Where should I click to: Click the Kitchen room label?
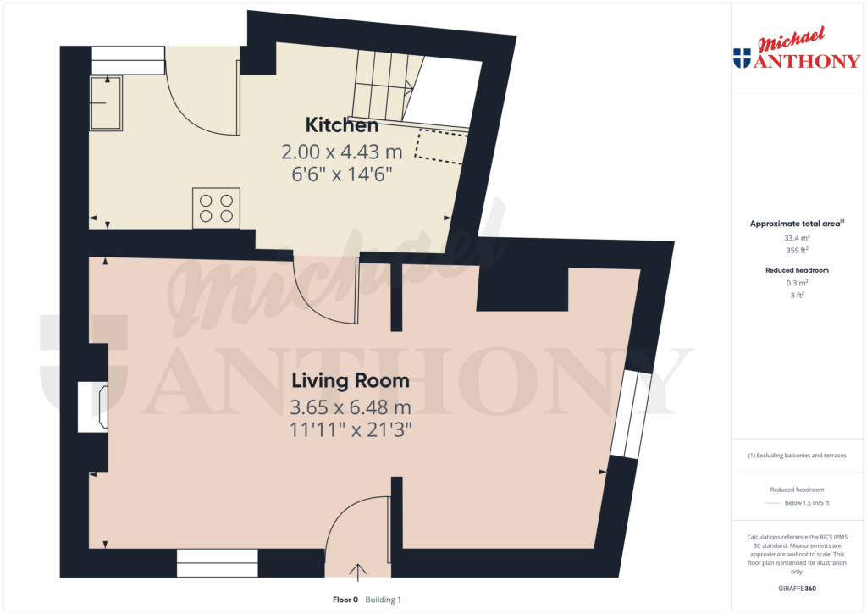(341, 126)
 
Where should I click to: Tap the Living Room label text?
(351, 381)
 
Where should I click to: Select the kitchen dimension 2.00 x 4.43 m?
(341, 152)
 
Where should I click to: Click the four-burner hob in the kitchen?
(215, 207)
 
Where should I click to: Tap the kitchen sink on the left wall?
(107, 103)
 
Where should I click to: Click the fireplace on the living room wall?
(91, 407)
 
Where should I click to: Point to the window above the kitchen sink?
(128, 58)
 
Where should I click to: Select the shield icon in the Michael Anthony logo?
(742, 58)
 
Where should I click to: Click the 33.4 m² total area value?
(795, 238)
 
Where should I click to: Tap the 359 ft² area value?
(795, 250)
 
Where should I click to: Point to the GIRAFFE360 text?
(795, 589)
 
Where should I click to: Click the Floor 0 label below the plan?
(345, 600)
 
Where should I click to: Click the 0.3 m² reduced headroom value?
(795, 283)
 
